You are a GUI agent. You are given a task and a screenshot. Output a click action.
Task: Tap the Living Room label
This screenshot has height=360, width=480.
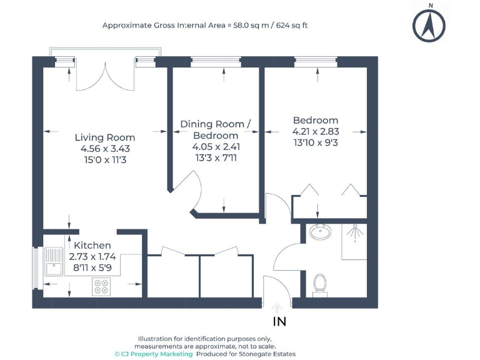[x=105, y=137]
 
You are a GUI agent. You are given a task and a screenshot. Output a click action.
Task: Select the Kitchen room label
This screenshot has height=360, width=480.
[x=92, y=246]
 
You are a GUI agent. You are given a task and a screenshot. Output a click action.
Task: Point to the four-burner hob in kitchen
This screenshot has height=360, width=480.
[x=101, y=286]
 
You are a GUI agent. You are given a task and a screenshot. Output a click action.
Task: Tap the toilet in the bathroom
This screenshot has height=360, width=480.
[x=320, y=283]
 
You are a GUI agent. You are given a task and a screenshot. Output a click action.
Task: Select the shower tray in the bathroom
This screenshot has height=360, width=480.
[x=354, y=241]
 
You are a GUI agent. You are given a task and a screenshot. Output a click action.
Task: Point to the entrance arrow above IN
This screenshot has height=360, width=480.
[x=277, y=307]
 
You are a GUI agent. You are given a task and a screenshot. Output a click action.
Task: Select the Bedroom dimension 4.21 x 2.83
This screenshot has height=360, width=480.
[x=316, y=132]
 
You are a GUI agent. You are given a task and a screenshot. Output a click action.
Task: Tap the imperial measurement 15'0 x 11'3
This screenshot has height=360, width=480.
[x=105, y=160]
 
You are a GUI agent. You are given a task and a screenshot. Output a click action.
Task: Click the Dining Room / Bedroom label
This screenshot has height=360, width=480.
[x=215, y=130]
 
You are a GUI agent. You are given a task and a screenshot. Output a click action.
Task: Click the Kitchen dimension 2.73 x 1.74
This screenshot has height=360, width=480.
[x=92, y=257]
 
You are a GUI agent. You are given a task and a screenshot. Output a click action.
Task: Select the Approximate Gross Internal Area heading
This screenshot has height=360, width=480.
[x=206, y=26]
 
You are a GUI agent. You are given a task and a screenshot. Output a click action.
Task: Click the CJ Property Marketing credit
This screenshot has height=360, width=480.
[x=145, y=354]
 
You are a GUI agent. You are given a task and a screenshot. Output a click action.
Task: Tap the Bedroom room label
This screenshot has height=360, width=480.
[x=316, y=120]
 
